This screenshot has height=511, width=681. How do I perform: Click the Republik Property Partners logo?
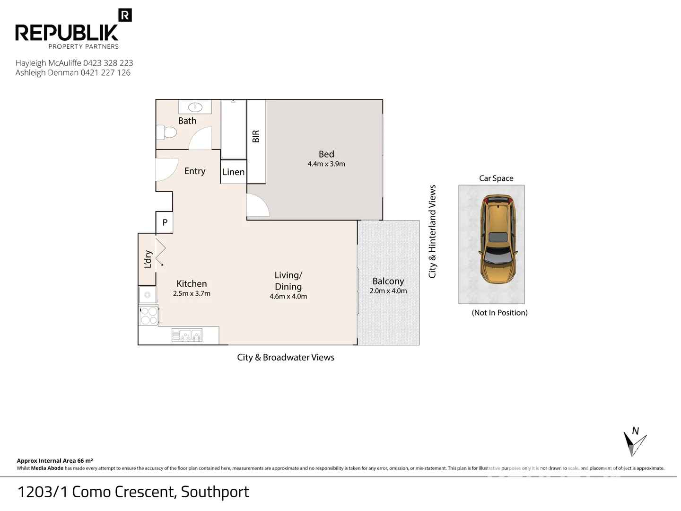(x=73, y=29)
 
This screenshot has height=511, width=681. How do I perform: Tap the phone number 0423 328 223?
(x=108, y=63)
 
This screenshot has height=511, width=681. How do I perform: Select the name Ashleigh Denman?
(x=47, y=73)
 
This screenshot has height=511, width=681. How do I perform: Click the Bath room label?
(x=187, y=121)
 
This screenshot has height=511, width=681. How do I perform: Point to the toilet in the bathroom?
(x=166, y=132)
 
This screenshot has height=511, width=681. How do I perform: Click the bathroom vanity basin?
(x=195, y=107)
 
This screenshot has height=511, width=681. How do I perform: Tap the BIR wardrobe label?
(x=256, y=136)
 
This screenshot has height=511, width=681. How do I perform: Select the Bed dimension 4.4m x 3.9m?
(x=326, y=164)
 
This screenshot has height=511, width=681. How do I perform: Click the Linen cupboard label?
(x=234, y=172)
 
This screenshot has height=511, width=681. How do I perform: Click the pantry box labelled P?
(x=165, y=222)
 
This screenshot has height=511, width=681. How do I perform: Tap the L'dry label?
(x=148, y=259)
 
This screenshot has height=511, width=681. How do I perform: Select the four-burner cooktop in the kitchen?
(x=148, y=316)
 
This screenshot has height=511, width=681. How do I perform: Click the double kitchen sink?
(x=187, y=335)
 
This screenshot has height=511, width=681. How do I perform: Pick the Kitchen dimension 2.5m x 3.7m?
(x=192, y=294)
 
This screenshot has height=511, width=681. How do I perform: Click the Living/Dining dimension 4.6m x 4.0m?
(x=288, y=297)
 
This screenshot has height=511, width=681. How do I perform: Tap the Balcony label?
(x=388, y=282)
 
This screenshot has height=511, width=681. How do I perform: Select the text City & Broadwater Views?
(x=286, y=358)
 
